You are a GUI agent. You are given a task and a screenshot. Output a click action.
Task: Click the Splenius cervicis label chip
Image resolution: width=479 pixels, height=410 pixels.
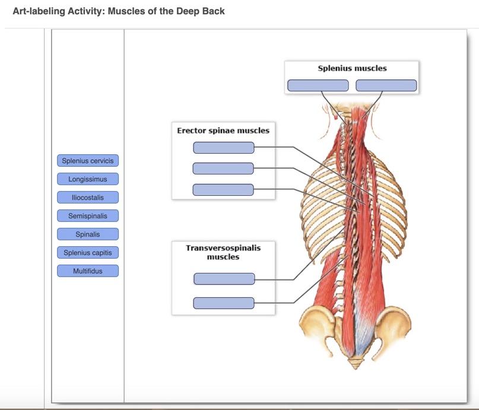88,161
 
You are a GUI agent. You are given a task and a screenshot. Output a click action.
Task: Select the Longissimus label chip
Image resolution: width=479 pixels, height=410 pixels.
88,179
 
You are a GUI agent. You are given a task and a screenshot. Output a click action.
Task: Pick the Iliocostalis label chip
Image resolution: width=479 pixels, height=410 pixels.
88,197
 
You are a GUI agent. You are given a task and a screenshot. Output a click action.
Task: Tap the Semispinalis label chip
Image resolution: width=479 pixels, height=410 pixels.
88,216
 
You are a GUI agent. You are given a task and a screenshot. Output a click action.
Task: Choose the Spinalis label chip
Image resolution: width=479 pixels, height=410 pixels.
88,234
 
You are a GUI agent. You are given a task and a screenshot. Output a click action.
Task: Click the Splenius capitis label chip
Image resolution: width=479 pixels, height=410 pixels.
88,253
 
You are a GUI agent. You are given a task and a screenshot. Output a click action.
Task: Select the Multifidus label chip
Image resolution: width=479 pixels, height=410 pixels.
88,271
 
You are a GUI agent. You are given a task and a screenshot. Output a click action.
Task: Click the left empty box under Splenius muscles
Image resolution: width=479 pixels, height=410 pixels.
318,85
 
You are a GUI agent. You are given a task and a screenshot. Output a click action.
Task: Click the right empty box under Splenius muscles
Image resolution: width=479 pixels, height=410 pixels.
386,85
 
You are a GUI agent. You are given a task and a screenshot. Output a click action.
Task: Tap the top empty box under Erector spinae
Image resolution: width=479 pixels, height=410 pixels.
224,148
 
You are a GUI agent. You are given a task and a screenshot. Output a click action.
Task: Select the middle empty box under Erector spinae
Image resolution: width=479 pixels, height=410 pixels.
223,169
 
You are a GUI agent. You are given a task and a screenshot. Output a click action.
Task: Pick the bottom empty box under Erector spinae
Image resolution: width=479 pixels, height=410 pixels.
223,190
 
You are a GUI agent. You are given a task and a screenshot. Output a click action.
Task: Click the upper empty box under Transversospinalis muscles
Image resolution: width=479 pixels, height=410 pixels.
224,279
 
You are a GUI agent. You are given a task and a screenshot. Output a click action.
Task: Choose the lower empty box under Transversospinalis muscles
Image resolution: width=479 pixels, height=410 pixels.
224,303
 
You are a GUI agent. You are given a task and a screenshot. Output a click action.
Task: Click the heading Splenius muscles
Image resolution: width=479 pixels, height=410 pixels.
352,68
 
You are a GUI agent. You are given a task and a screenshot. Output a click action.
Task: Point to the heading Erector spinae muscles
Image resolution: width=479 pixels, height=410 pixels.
223,131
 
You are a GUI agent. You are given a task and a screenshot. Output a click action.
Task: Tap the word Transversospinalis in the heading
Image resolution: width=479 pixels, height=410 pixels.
223,248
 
